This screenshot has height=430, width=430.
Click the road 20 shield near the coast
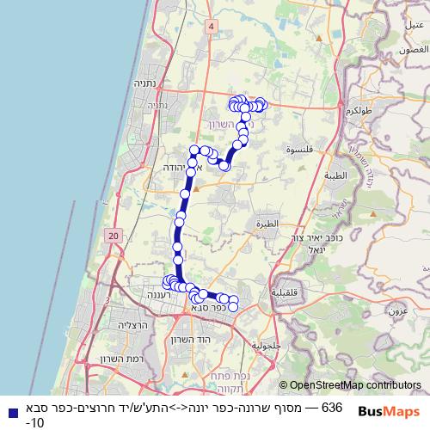(x=114, y=233)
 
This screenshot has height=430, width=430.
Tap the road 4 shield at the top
(x=210, y=28)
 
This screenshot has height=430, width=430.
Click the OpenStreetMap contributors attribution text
(x=355, y=386)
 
